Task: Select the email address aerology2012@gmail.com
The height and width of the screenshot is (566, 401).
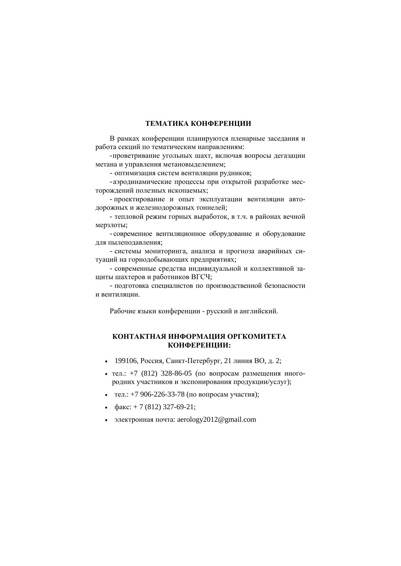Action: point(216,419)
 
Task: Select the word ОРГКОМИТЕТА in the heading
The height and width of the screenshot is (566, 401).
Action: point(257,337)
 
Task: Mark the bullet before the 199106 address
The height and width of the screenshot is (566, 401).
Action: point(106,362)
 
